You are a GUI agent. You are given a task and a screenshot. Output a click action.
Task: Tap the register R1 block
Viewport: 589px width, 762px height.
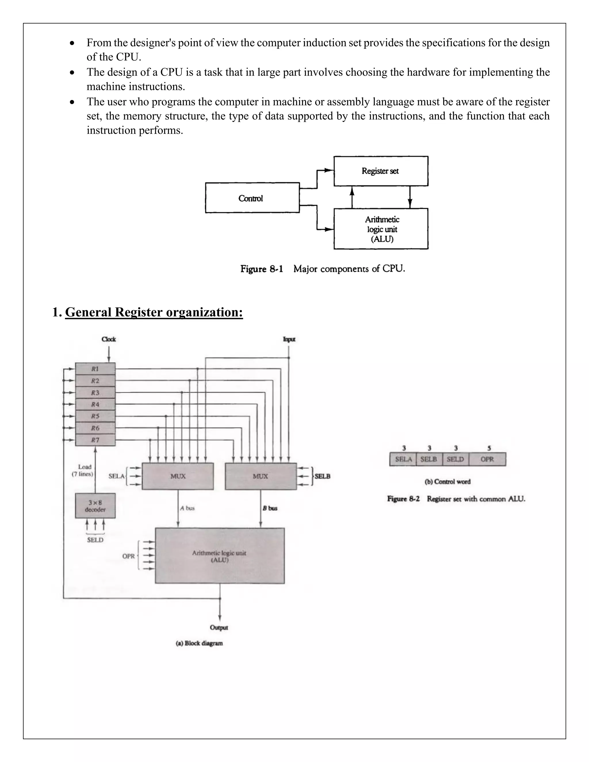coord(95,369)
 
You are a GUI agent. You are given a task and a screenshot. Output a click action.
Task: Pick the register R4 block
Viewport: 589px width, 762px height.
coord(95,404)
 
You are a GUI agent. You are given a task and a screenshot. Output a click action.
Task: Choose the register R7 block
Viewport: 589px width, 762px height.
coord(95,440)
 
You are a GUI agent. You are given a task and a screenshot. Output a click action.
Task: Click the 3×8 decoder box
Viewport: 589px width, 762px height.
coord(95,506)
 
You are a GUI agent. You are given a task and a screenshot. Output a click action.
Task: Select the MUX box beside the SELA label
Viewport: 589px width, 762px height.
coord(178,476)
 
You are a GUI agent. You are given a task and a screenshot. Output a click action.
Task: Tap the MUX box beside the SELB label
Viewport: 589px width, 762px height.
coord(261,476)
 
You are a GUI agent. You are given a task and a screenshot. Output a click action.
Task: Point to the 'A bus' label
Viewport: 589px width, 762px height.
coord(188,508)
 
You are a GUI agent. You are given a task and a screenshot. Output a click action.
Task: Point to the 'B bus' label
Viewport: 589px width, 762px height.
coord(270,508)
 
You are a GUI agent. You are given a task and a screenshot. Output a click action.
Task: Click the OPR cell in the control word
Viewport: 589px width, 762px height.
coord(487,459)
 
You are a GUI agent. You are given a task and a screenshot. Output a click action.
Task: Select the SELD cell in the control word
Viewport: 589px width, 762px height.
coord(455,459)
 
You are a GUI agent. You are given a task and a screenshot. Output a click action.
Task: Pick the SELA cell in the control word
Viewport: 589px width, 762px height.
coord(403,459)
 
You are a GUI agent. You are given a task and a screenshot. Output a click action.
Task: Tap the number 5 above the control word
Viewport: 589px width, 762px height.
coord(489,448)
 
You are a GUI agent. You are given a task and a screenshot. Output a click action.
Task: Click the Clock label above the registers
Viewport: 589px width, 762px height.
coord(108,339)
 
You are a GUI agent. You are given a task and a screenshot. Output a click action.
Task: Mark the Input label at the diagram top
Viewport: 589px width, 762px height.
coord(289,339)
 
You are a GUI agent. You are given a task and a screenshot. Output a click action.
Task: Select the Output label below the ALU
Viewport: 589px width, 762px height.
coord(219,628)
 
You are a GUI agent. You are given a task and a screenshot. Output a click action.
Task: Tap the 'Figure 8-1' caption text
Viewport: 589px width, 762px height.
coord(261,269)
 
